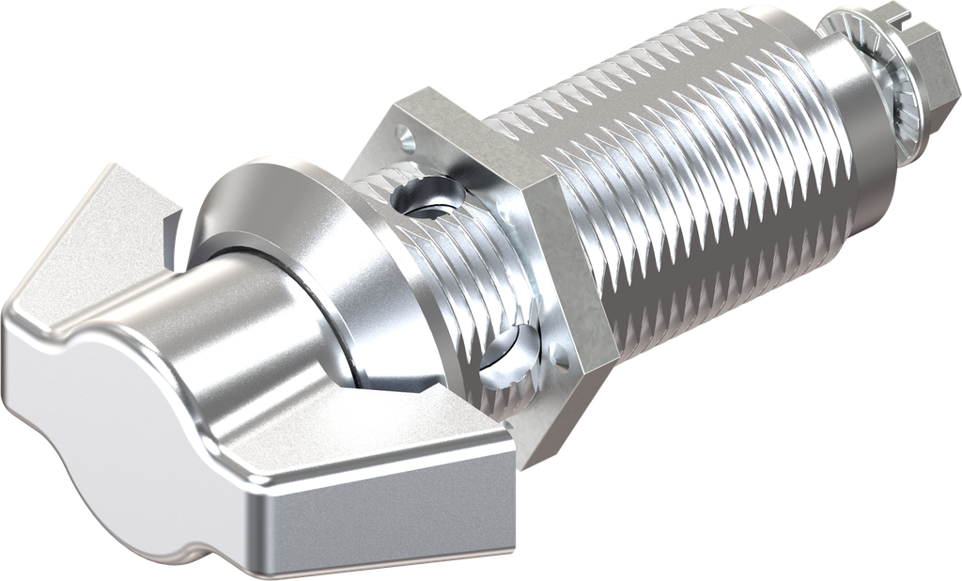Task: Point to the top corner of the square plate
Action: [427, 91]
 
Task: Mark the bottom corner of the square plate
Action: [526, 461]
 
